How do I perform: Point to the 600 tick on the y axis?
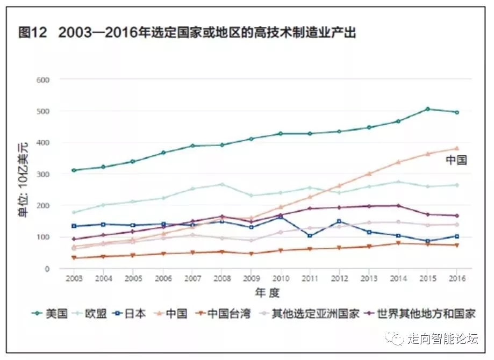pyautogui.click(x=42, y=80)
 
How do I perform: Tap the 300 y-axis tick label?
pyautogui.click(x=42, y=175)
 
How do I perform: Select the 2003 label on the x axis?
pyautogui.click(x=74, y=278)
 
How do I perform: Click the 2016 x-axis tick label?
pyautogui.click(x=456, y=278)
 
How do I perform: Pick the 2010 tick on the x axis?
pyautogui.click(x=280, y=278)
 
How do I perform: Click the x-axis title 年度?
pyautogui.click(x=267, y=292)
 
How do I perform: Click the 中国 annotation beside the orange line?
pyautogui.click(x=456, y=160)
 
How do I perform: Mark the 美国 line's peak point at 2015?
pyautogui.click(x=427, y=109)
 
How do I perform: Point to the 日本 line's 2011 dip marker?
pyautogui.click(x=310, y=236)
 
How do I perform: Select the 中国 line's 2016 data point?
pyautogui.click(x=456, y=148)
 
